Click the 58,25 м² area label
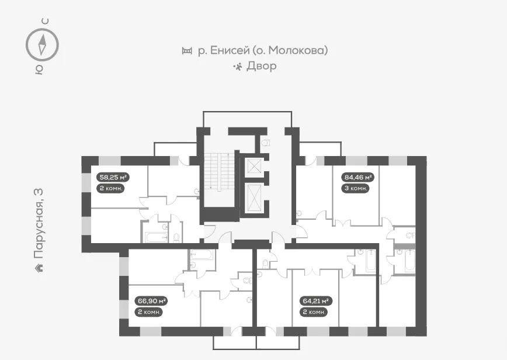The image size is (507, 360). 113,177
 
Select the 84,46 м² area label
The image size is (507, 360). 357,177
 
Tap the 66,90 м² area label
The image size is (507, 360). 151,301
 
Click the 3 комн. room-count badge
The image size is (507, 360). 355,188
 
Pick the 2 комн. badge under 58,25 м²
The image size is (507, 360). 110,188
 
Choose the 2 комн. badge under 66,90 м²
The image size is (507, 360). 149,312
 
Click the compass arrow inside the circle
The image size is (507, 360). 42,44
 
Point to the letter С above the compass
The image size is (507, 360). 46,22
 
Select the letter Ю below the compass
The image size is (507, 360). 39,70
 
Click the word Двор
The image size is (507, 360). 261,65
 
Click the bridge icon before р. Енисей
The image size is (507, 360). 187,50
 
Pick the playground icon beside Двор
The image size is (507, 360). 238,67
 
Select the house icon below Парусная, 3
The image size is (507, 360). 39,268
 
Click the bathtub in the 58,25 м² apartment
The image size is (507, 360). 157,237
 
